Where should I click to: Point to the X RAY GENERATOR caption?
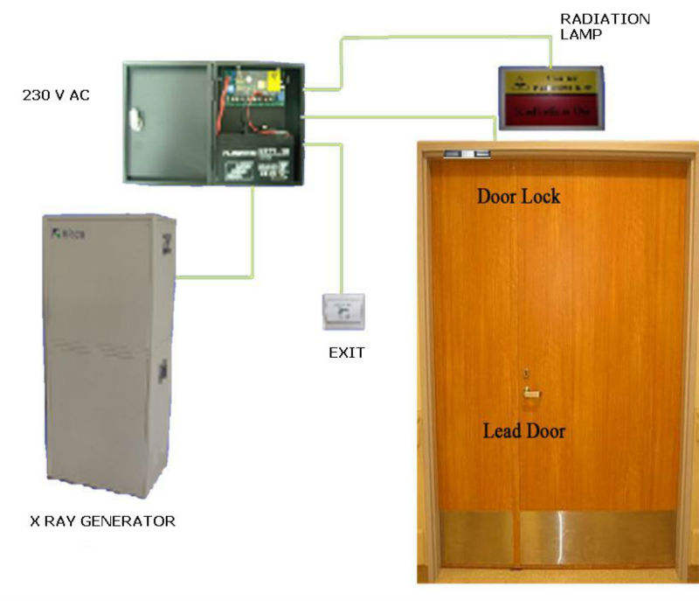pos(102,521)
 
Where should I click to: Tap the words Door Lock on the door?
pos(518,196)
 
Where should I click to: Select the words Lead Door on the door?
pos(524,430)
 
